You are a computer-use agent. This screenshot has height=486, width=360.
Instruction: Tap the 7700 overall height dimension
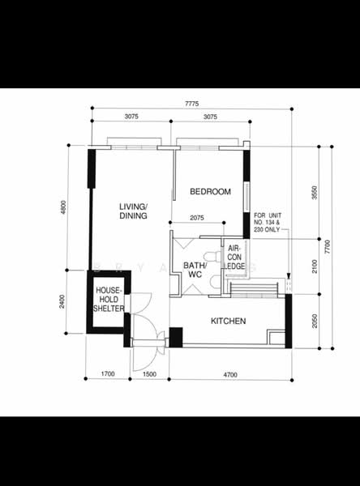(328, 247)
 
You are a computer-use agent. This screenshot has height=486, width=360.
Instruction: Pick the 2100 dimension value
(315, 265)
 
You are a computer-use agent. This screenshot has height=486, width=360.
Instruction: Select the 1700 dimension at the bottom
(106, 374)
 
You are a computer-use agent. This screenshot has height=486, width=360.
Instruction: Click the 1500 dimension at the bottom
(149, 374)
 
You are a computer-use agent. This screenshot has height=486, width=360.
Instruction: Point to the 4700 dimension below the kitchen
(230, 374)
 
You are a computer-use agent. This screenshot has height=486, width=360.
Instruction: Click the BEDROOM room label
(210, 192)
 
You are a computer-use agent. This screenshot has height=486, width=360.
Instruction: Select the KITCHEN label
(228, 322)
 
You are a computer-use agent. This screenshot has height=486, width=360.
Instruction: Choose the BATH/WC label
(193, 270)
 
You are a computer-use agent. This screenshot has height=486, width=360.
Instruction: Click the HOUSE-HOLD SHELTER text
(109, 299)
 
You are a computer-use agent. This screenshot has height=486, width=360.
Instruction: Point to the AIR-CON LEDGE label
(235, 258)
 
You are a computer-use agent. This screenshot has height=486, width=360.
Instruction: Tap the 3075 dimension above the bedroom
(210, 117)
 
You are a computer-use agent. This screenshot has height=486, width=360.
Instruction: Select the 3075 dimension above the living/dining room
(131, 117)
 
